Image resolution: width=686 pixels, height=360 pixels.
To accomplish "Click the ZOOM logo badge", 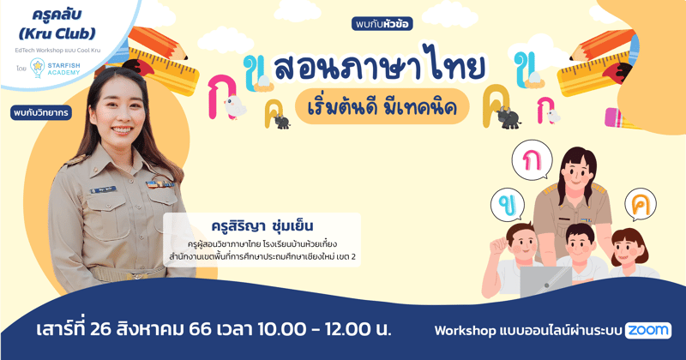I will tap(648, 330).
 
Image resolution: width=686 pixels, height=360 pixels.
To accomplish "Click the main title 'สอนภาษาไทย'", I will tap(379, 67).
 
